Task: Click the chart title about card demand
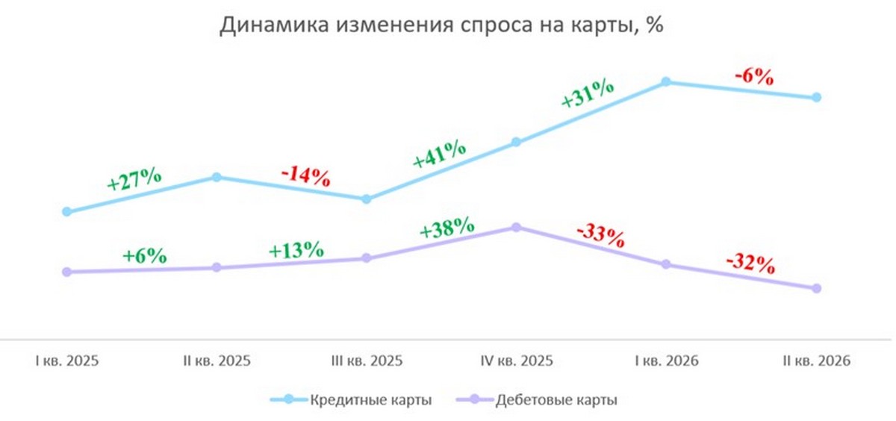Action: (441, 25)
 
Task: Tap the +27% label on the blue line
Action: (134, 180)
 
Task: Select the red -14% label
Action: (306, 176)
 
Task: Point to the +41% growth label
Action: (439, 155)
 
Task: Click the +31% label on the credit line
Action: (587, 94)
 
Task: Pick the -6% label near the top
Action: (754, 76)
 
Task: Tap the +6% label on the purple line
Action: (144, 256)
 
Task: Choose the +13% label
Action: (296, 250)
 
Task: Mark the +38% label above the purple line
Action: (447, 228)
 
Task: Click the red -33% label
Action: (600, 237)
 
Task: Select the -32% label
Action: (751, 264)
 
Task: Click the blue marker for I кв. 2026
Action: (666, 82)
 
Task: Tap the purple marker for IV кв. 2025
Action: (517, 227)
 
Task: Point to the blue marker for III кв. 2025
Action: (367, 199)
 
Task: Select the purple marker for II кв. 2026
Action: (817, 288)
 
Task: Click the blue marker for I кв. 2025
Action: (67, 211)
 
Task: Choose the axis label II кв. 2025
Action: (217, 361)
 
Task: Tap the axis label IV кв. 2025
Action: (517, 361)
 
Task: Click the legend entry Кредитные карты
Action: (351, 400)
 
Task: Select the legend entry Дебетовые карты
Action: (536, 400)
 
